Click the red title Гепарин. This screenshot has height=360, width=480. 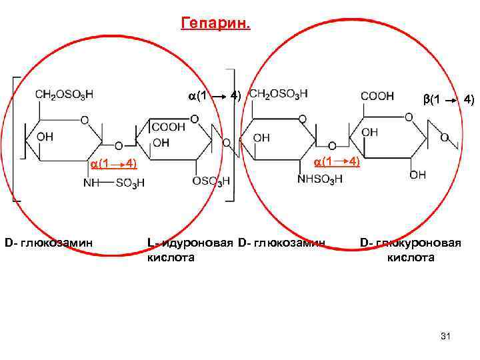(216, 25)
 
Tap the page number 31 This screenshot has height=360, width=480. (446, 337)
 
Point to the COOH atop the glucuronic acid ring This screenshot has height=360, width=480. (377, 97)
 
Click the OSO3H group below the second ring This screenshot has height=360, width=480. (211, 181)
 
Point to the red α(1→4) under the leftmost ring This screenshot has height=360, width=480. (113, 163)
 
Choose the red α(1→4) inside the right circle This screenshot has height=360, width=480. (337, 161)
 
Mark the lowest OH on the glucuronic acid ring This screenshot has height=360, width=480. (418, 175)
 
